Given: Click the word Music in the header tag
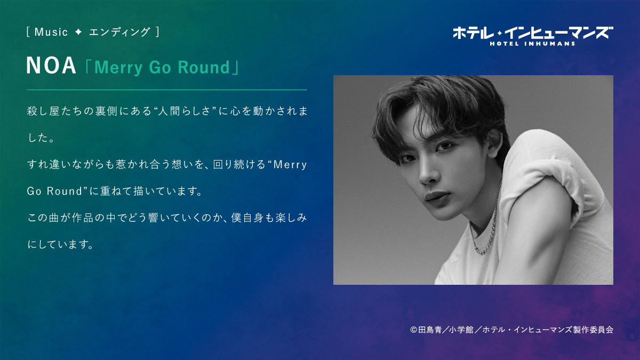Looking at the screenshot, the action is [x=51, y=32].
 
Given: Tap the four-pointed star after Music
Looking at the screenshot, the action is [x=78, y=32].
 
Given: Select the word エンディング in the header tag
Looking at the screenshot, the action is [x=119, y=32].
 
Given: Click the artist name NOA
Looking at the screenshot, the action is [x=51, y=66].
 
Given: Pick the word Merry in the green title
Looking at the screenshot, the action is [x=118, y=68].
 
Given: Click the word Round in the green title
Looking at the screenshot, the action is [x=204, y=67].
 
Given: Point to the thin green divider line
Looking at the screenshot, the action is [x=167, y=90].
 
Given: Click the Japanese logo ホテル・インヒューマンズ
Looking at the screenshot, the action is [x=533, y=34].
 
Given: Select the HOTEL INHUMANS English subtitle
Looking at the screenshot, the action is [x=533, y=44].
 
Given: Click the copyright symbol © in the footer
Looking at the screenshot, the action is [x=414, y=330].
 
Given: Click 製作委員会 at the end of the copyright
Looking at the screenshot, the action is [x=593, y=330].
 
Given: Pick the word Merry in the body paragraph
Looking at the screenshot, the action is [x=290, y=165].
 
